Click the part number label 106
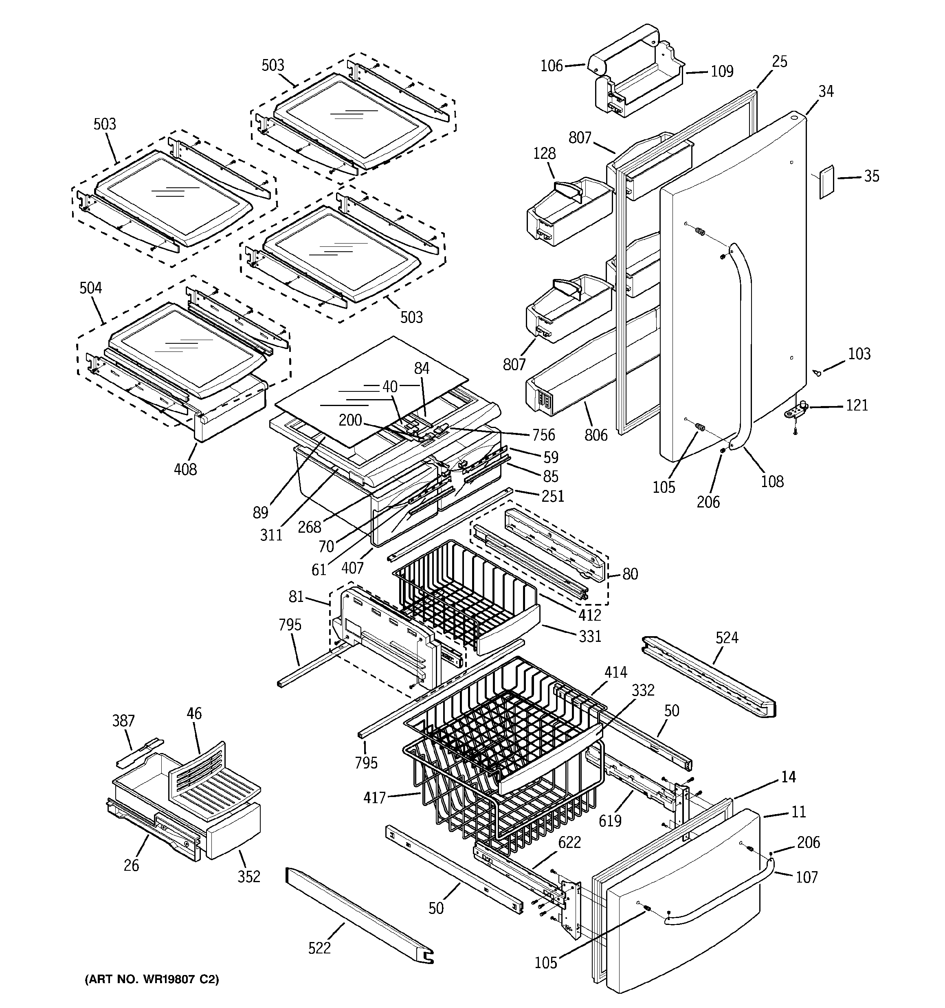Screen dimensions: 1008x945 (552, 66)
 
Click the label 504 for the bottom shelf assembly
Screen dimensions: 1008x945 (91, 288)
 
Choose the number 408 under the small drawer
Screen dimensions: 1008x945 (185, 470)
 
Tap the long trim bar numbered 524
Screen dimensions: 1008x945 (710, 677)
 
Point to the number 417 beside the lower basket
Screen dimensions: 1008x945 (374, 798)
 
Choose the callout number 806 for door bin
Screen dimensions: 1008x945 (596, 435)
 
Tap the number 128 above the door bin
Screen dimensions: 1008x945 (544, 154)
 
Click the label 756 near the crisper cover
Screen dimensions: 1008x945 (543, 435)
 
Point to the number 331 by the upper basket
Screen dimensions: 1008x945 (590, 636)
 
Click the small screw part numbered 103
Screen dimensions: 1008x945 (818, 373)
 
